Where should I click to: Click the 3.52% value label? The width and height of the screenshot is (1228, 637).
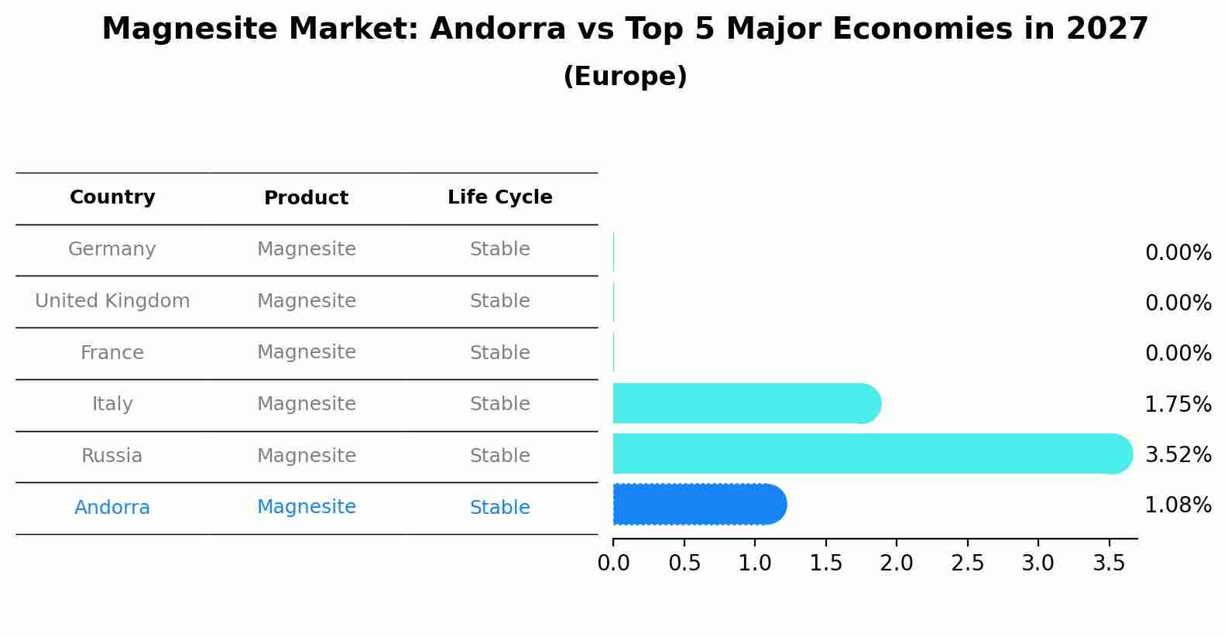pyautogui.click(x=1178, y=454)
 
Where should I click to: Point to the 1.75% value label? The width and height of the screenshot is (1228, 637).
pyautogui.click(x=1178, y=404)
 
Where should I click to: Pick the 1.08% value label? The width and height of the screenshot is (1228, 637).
pyautogui.click(x=1178, y=505)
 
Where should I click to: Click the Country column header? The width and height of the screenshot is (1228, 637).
pyautogui.click(x=112, y=197)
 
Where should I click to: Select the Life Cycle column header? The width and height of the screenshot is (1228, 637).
pyautogui.click(x=499, y=197)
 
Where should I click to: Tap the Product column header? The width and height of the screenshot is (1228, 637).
pyautogui.click(x=306, y=198)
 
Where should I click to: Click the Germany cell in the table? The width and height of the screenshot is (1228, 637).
pyautogui.click(x=112, y=249)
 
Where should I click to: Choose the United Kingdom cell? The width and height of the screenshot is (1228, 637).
pyautogui.click(x=112, y=301)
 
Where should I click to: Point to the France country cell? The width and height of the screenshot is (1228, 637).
pyautogui.click(x=112, y=353)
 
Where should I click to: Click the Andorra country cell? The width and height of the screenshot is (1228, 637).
pyautogui.click(x=112, y=508)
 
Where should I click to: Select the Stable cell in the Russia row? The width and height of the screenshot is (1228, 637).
pyautogui.click(x=499, y=456)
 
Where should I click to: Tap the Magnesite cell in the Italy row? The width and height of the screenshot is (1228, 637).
pyautogui.click(x=306, y=404)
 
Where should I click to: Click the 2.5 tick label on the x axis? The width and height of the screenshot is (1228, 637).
pyautogui.click(x=967, y=563)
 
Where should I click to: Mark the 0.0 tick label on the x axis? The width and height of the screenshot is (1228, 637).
pyautogui.click(x=613, y=563)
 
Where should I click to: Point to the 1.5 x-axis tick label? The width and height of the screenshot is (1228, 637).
pyautogui.click(x=825, y=563)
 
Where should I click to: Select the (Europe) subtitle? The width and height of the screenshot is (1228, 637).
pyautogui.click(x=625, y=77)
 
